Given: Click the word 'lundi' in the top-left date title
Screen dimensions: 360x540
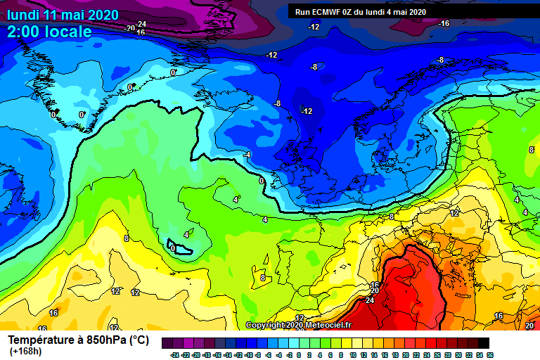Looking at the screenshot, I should point(23,14).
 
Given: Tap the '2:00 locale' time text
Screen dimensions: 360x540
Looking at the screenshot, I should point(49,32).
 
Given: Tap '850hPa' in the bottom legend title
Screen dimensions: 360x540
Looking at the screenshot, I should point(105,340).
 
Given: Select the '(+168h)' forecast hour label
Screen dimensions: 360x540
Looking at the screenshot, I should point(25,352).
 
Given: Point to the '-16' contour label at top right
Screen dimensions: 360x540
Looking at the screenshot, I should point(444,24).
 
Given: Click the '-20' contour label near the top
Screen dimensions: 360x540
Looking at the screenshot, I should point(129,28).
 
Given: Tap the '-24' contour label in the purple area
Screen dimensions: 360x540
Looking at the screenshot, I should point(141,25).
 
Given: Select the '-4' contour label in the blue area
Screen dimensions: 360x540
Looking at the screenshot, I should point(246,155).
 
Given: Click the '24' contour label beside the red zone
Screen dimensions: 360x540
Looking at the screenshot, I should point(370,300).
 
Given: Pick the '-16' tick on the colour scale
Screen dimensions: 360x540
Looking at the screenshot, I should point(219,355).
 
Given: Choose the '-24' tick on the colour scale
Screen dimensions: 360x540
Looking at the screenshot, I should point(175,355).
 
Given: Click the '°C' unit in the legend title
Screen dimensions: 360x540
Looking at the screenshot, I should point(141,340).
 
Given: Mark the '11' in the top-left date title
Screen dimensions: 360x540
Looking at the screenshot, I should point(51,14).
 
